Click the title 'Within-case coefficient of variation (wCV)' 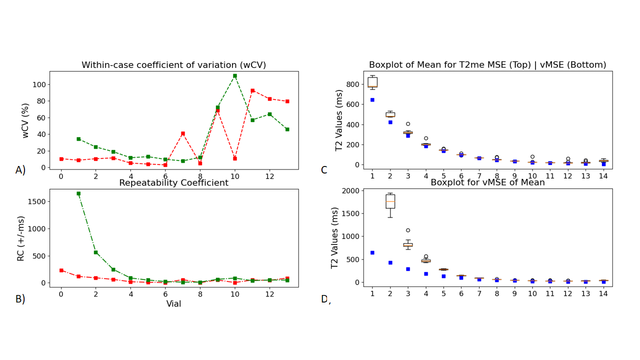(173, 65)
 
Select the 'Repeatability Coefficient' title (173, 183)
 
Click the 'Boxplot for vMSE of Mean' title (487, 182)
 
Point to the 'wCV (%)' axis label (25, 120)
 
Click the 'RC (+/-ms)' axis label (21, 238)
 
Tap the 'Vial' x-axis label (173, 304)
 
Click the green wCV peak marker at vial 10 (235, 76)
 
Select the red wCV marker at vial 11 (252, 90)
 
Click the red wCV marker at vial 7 (183, 133)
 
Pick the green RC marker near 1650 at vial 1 (78, 193)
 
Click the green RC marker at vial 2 (95, 252)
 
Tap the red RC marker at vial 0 (61, 270)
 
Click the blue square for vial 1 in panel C (372, 100)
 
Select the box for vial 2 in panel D (390, 201)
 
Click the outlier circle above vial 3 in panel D (408, 230)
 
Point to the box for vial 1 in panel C (372, 82)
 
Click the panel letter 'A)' (20, 170)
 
